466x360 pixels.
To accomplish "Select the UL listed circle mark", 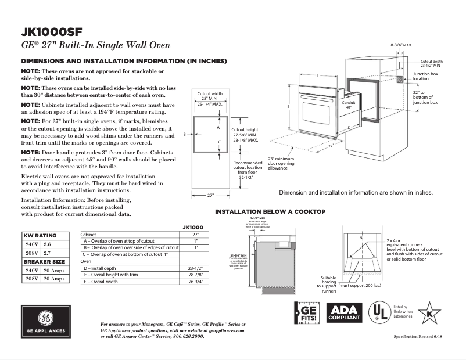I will tap(381, 313).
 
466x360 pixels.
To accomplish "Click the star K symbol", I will tap(429, 313).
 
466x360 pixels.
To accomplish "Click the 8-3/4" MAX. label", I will tap(402, 45).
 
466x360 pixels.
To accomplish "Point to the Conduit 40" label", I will tap(349, 105).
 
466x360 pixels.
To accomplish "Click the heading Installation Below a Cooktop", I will tap(270, 211).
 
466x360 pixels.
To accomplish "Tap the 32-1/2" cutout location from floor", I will tap(248, 178).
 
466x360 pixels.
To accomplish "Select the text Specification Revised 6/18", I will tap(418, 337).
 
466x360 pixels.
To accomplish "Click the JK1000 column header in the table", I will tap(193, 227).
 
